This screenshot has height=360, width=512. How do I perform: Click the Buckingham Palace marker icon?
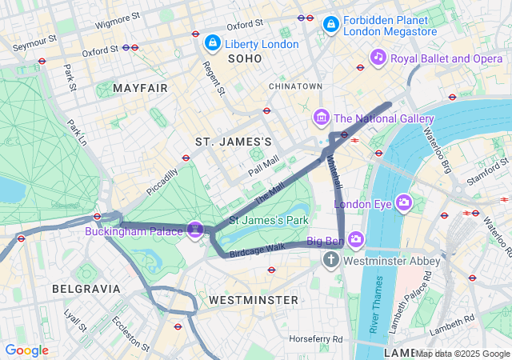(194, 230)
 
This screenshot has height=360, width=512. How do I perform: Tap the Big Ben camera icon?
(356, 239)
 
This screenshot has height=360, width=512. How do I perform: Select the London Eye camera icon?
(404, 203)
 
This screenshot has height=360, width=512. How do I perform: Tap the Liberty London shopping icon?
(212, 42)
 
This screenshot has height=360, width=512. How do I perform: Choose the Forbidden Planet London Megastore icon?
(330, 26)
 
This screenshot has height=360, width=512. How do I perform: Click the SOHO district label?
(245, 58)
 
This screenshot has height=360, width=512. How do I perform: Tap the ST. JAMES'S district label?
(234, 142)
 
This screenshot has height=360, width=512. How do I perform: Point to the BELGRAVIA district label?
(86, 288)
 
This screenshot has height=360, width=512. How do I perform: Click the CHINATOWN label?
(295, 86)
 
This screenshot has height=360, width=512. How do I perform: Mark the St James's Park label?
(269, 219)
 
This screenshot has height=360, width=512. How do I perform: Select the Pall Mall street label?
(263, 166)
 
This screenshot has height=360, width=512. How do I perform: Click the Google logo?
(27, 350)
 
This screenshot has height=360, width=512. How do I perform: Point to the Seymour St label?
(34, 38)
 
